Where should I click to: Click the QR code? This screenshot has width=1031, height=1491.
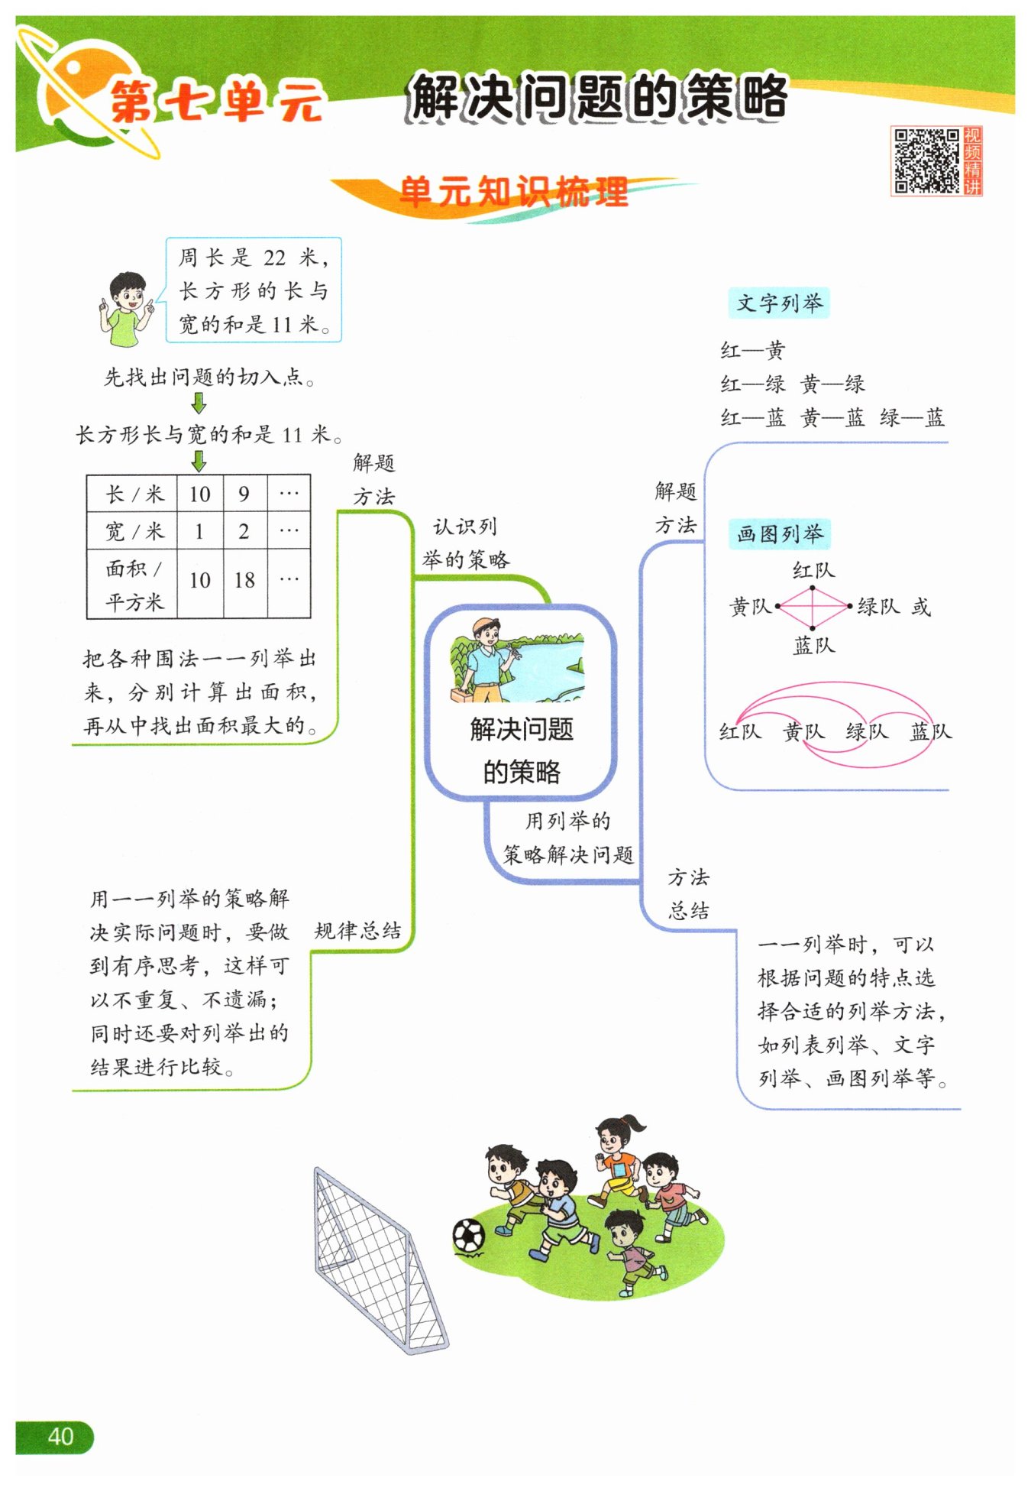pos(926,160)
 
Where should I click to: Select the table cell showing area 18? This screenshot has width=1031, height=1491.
pos(244,580)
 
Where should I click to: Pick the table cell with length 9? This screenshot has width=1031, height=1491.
pos(244,494)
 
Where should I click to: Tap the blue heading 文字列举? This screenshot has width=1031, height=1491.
pos(779,303)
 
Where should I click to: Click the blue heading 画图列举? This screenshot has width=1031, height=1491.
pos(779,533)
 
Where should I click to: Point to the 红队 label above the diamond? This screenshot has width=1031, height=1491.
pos(813,570)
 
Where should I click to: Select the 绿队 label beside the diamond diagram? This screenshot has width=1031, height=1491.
pos(878,607)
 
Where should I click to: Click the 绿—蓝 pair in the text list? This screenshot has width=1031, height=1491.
pos(912,417)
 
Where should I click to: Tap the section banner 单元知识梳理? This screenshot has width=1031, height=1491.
pos(513,192)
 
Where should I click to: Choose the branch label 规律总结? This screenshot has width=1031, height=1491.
pos(357,930)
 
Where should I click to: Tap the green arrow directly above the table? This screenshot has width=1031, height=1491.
pos(199,461)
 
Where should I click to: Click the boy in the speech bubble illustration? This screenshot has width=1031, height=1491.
pos(128,309)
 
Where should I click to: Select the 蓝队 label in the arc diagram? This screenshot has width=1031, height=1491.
pos(930,731)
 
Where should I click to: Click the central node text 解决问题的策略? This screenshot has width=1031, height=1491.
pos(521,750)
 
